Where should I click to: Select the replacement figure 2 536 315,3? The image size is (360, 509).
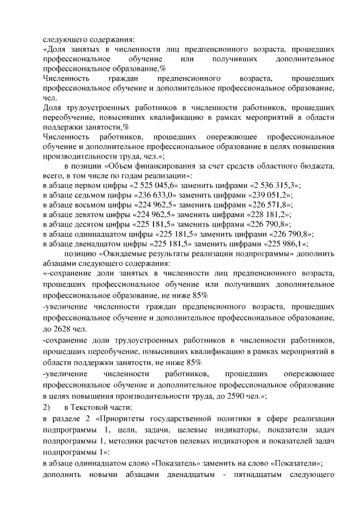pyautogui.click(x=277, y=186)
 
